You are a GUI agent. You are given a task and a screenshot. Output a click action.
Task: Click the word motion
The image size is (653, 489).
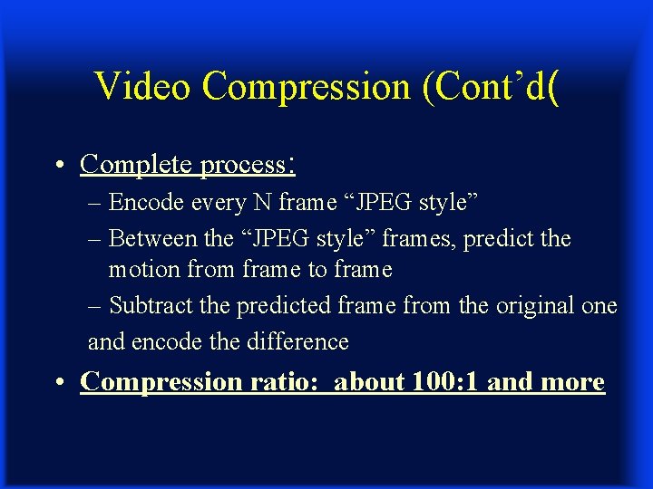(137, 270)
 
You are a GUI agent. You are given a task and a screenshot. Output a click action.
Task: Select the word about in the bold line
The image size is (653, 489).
(370, 382)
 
